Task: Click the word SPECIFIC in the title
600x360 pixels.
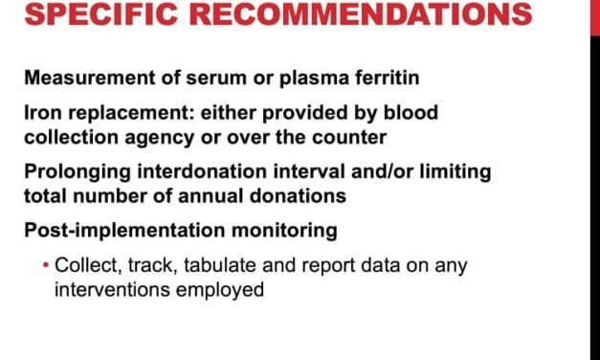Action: coord(101,13)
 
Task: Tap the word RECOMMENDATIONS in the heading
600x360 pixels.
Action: coord(361,13)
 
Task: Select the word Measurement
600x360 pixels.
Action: coord(90,78)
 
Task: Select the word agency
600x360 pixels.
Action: coord(159,139)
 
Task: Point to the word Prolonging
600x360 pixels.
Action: coord(78,172)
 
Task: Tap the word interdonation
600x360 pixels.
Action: coord(202,171)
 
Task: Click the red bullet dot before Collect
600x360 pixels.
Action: coord(46,265)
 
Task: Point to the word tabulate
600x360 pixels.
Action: coord(220,265)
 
